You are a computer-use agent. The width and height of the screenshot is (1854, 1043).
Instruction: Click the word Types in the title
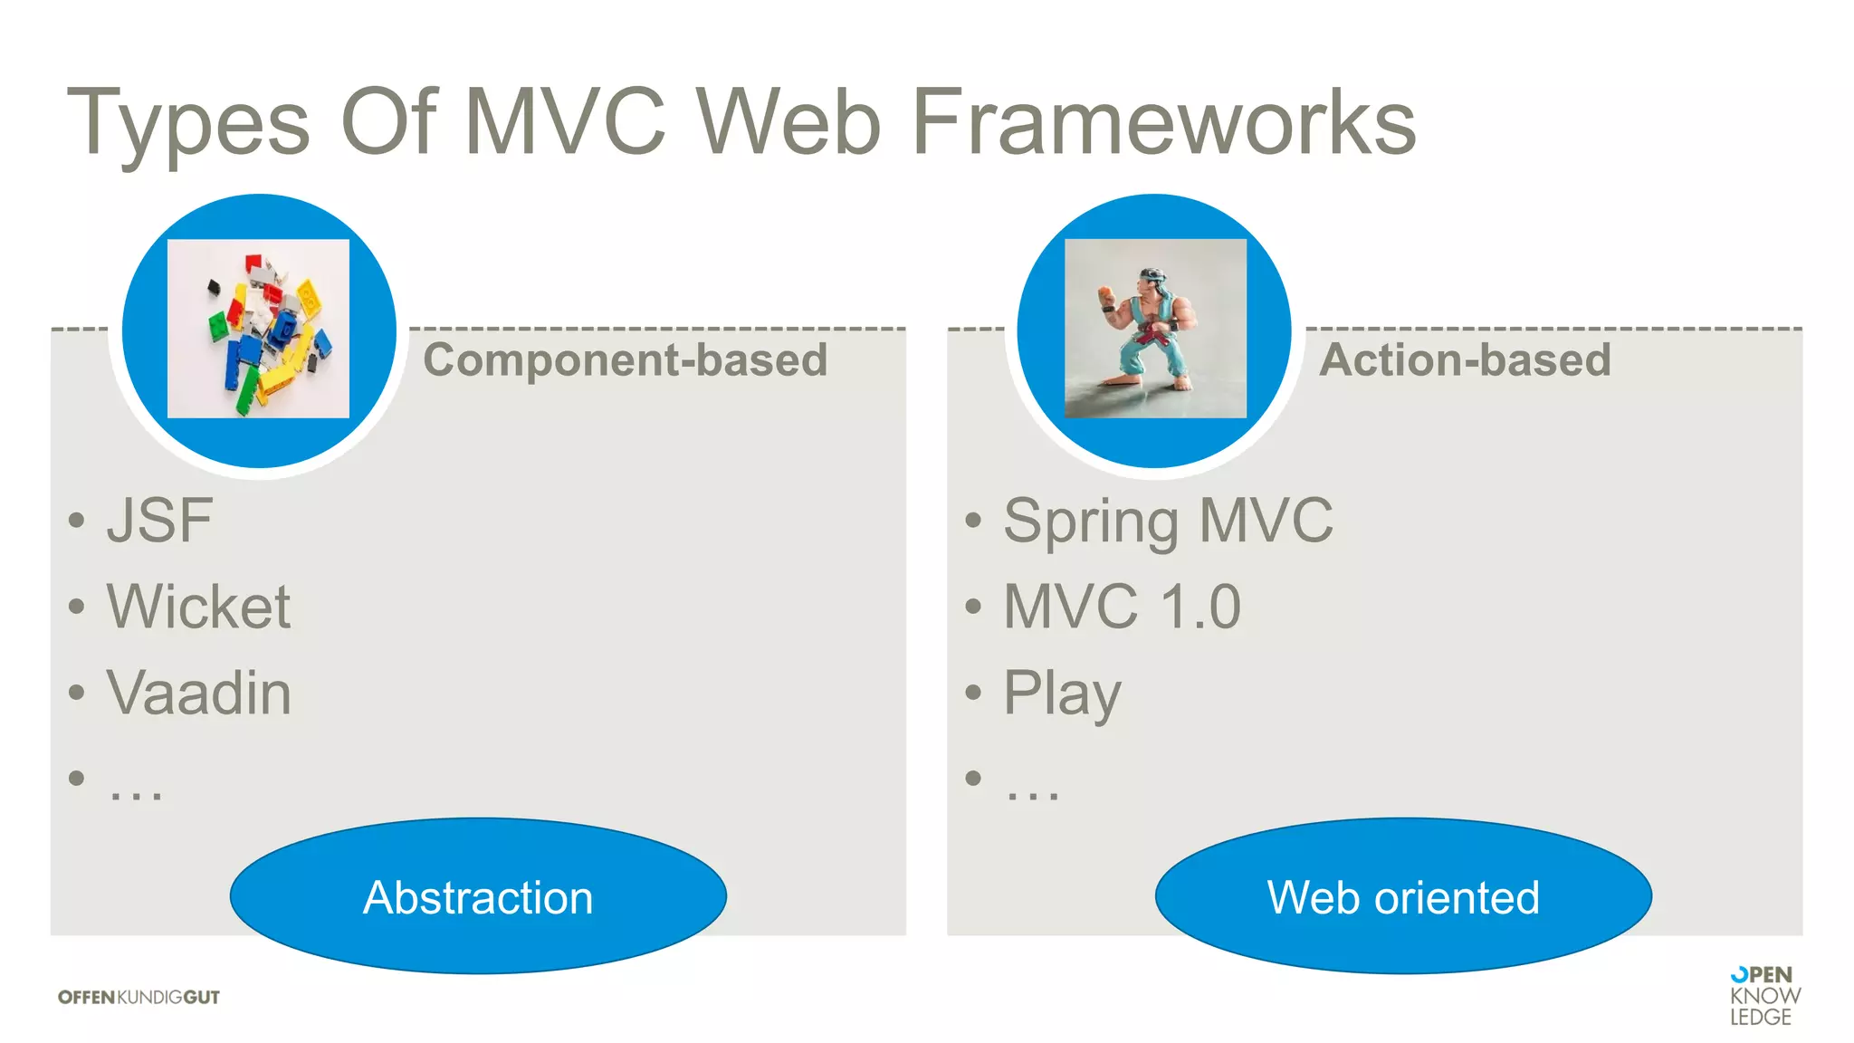[187, 124]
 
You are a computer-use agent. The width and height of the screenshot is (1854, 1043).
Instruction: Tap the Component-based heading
[625, 359]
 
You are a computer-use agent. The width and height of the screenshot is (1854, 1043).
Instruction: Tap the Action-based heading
[1465, 359]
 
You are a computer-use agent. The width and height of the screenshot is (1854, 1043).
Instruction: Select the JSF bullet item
[159, 521]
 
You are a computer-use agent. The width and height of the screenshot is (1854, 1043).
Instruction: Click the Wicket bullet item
[198, 607]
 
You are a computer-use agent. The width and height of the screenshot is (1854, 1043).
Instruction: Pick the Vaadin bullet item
[198, 693]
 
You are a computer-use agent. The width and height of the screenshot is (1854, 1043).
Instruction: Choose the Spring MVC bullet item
[1168, 521]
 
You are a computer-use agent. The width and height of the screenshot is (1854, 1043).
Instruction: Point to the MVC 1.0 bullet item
[1122, 607]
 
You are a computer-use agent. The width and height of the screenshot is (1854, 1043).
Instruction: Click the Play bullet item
[1062, 694]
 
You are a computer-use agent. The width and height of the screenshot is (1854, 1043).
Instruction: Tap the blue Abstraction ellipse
[478, 896]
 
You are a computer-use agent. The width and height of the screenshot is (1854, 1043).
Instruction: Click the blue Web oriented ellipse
[1403, 896]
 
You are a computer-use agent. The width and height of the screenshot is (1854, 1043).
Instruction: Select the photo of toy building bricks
[258, 329]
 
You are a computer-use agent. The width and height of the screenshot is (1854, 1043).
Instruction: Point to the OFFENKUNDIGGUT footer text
[139, 997]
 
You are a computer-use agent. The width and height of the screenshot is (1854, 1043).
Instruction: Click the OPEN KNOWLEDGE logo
[1763, 995]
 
